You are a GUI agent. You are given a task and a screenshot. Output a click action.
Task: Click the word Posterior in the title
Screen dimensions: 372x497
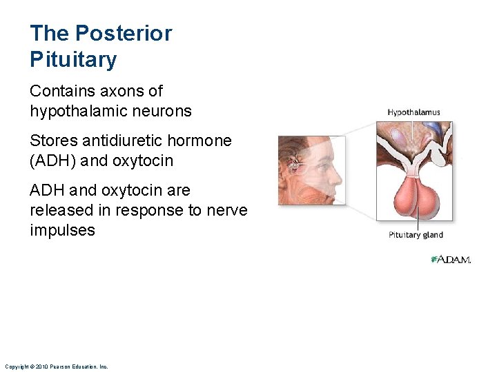[x=124, y=33]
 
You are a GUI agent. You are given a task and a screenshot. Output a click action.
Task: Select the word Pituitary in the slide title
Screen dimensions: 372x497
[x=73, y=60]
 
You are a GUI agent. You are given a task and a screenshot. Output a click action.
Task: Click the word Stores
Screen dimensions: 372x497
[x=54, y=141]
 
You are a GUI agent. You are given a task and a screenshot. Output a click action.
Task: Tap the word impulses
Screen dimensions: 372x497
[x=62, y=230]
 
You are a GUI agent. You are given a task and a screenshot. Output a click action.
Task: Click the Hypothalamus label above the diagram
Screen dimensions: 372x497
[x=413, y=112]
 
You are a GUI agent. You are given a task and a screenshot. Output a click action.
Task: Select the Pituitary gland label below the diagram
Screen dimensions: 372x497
[x=415, y=235]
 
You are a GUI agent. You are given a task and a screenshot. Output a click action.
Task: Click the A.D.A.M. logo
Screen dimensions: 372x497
[x=450, y=260]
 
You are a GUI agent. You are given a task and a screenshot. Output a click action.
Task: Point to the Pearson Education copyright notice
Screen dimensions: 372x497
[x=56, y=366]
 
